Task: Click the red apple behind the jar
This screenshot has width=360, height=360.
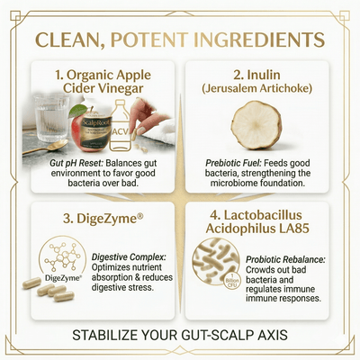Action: click(87, 114)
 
